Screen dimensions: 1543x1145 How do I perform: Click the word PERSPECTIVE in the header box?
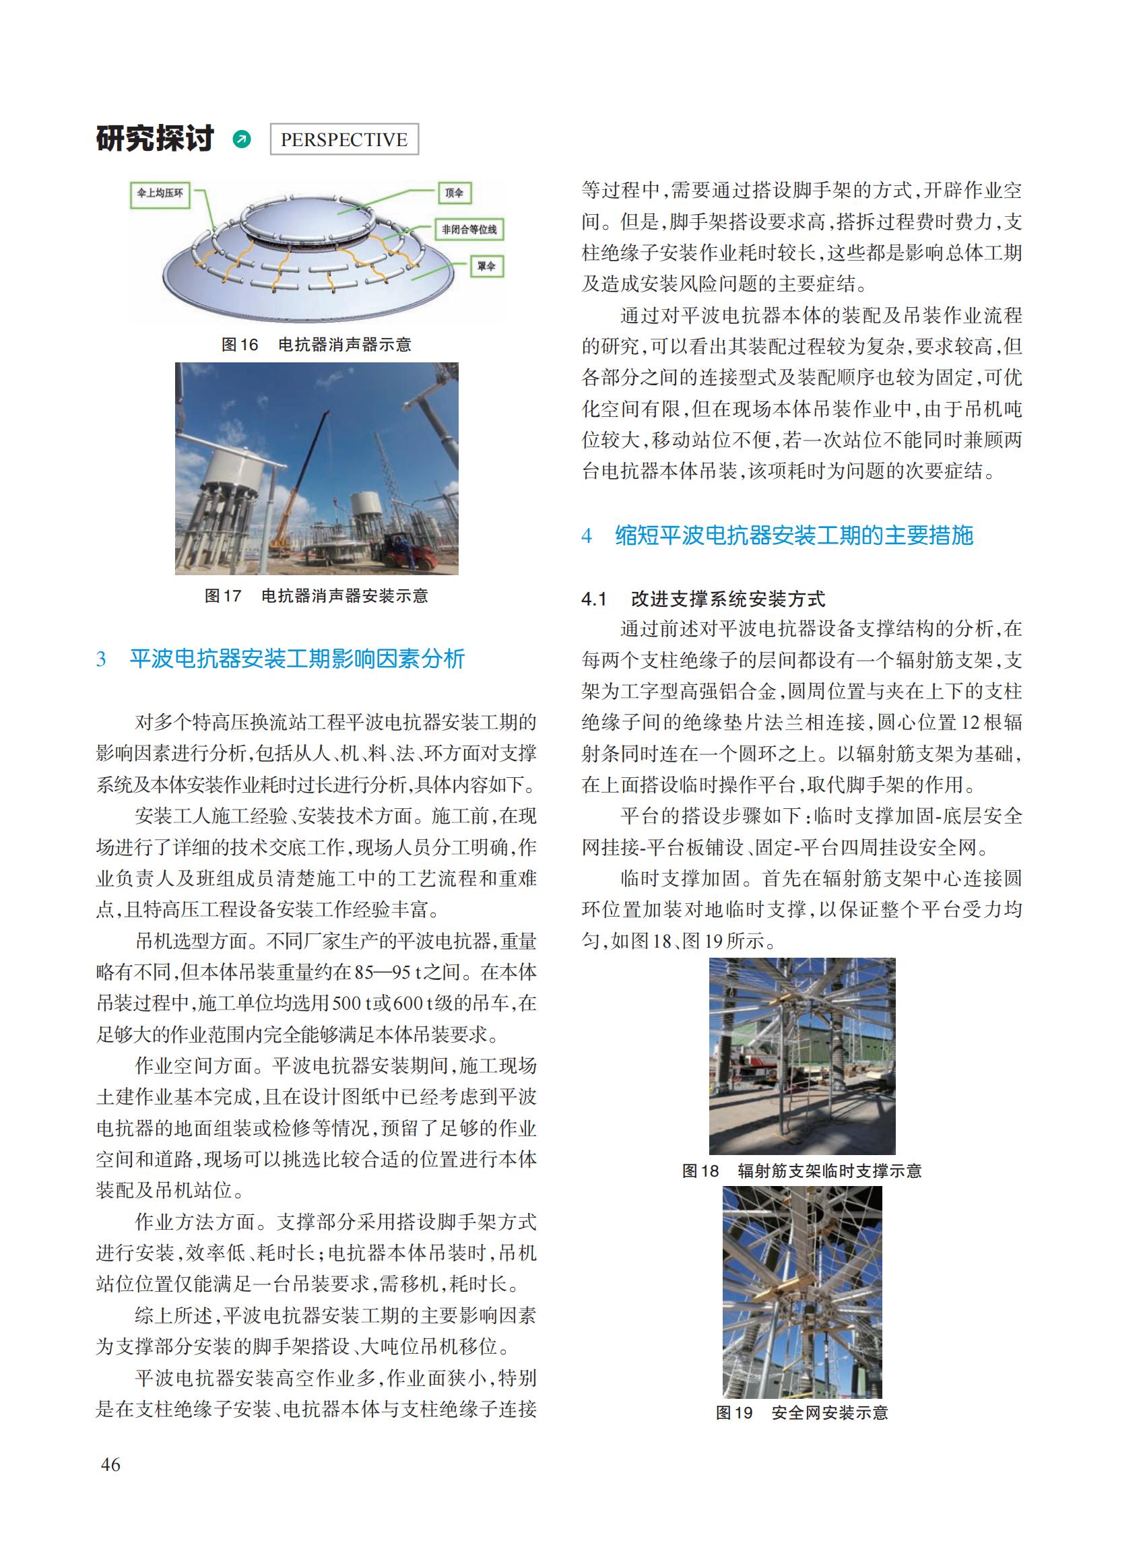point(343,139)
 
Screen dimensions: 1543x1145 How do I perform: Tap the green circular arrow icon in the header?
point(242,139)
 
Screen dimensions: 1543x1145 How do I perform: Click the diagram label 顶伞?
point(454,193)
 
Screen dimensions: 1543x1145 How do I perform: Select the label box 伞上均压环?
point(160,193)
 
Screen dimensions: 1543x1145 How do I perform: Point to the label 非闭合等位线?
point(469,230)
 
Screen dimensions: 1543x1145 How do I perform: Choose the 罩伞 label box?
point(486,266)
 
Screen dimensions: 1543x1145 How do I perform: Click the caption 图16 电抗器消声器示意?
point(316,345)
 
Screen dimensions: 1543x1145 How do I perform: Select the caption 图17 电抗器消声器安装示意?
point(316,595)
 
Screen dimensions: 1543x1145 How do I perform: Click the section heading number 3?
point(101,659)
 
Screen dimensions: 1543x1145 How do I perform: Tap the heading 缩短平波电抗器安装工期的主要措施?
point(793,535)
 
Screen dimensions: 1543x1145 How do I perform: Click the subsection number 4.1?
point(594,599)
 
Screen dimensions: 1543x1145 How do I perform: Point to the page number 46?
point(110,1465)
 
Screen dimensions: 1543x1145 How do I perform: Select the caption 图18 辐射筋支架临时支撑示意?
point(802,1171)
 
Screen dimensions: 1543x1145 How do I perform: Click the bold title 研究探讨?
point(156,139)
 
